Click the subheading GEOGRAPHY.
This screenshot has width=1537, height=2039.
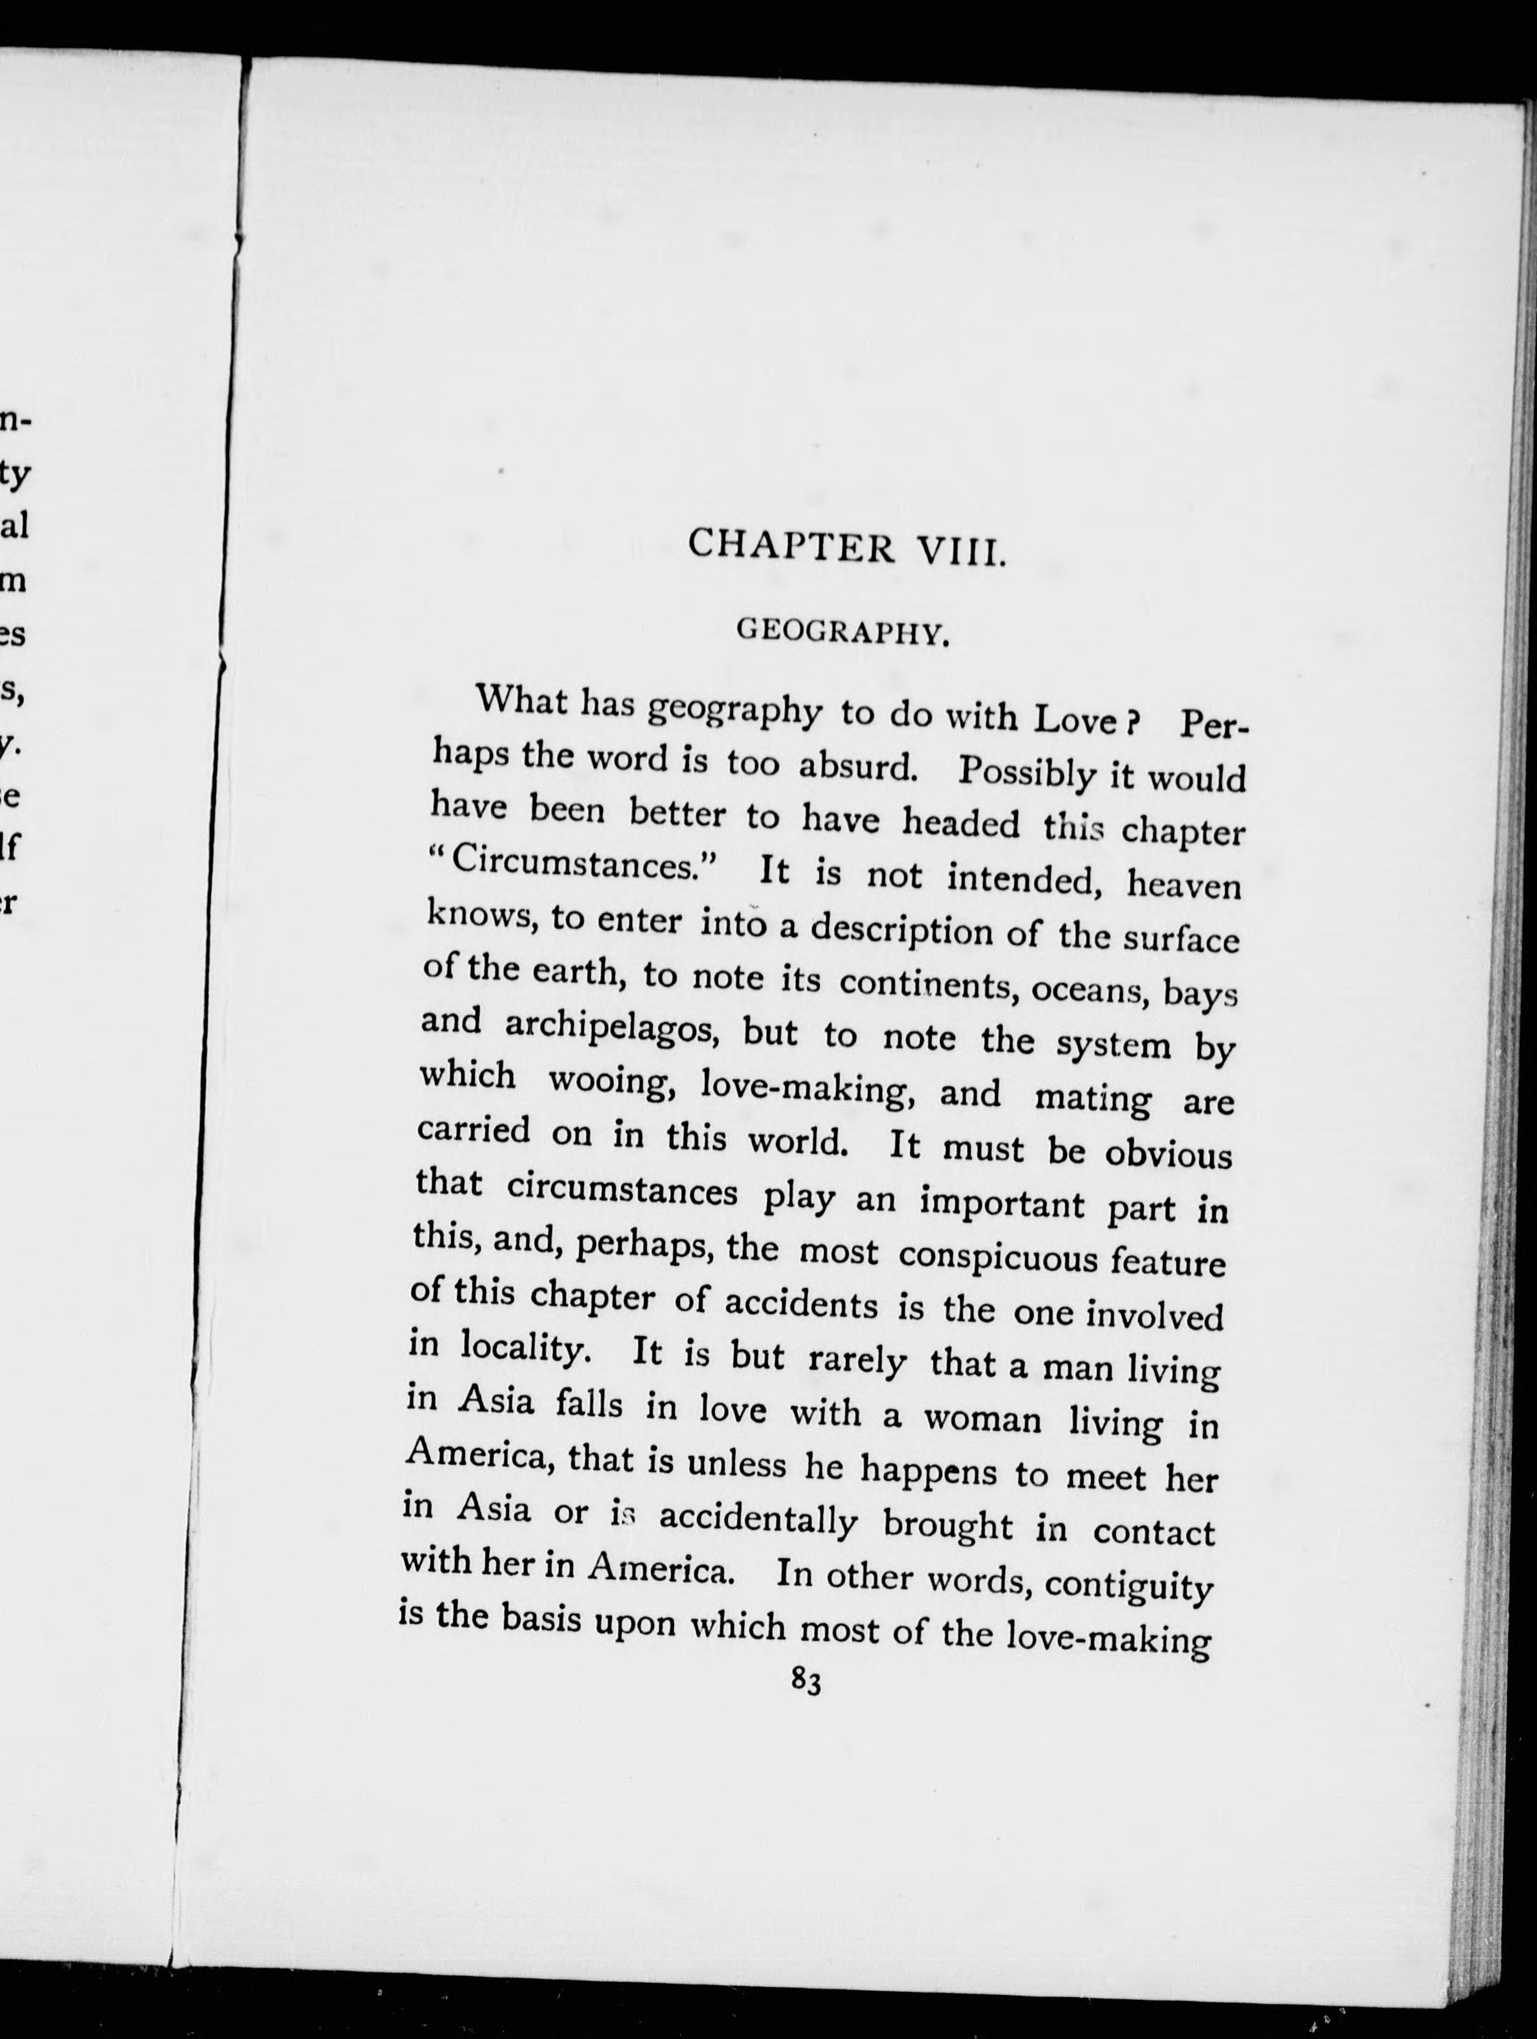(x=843, y=633)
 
